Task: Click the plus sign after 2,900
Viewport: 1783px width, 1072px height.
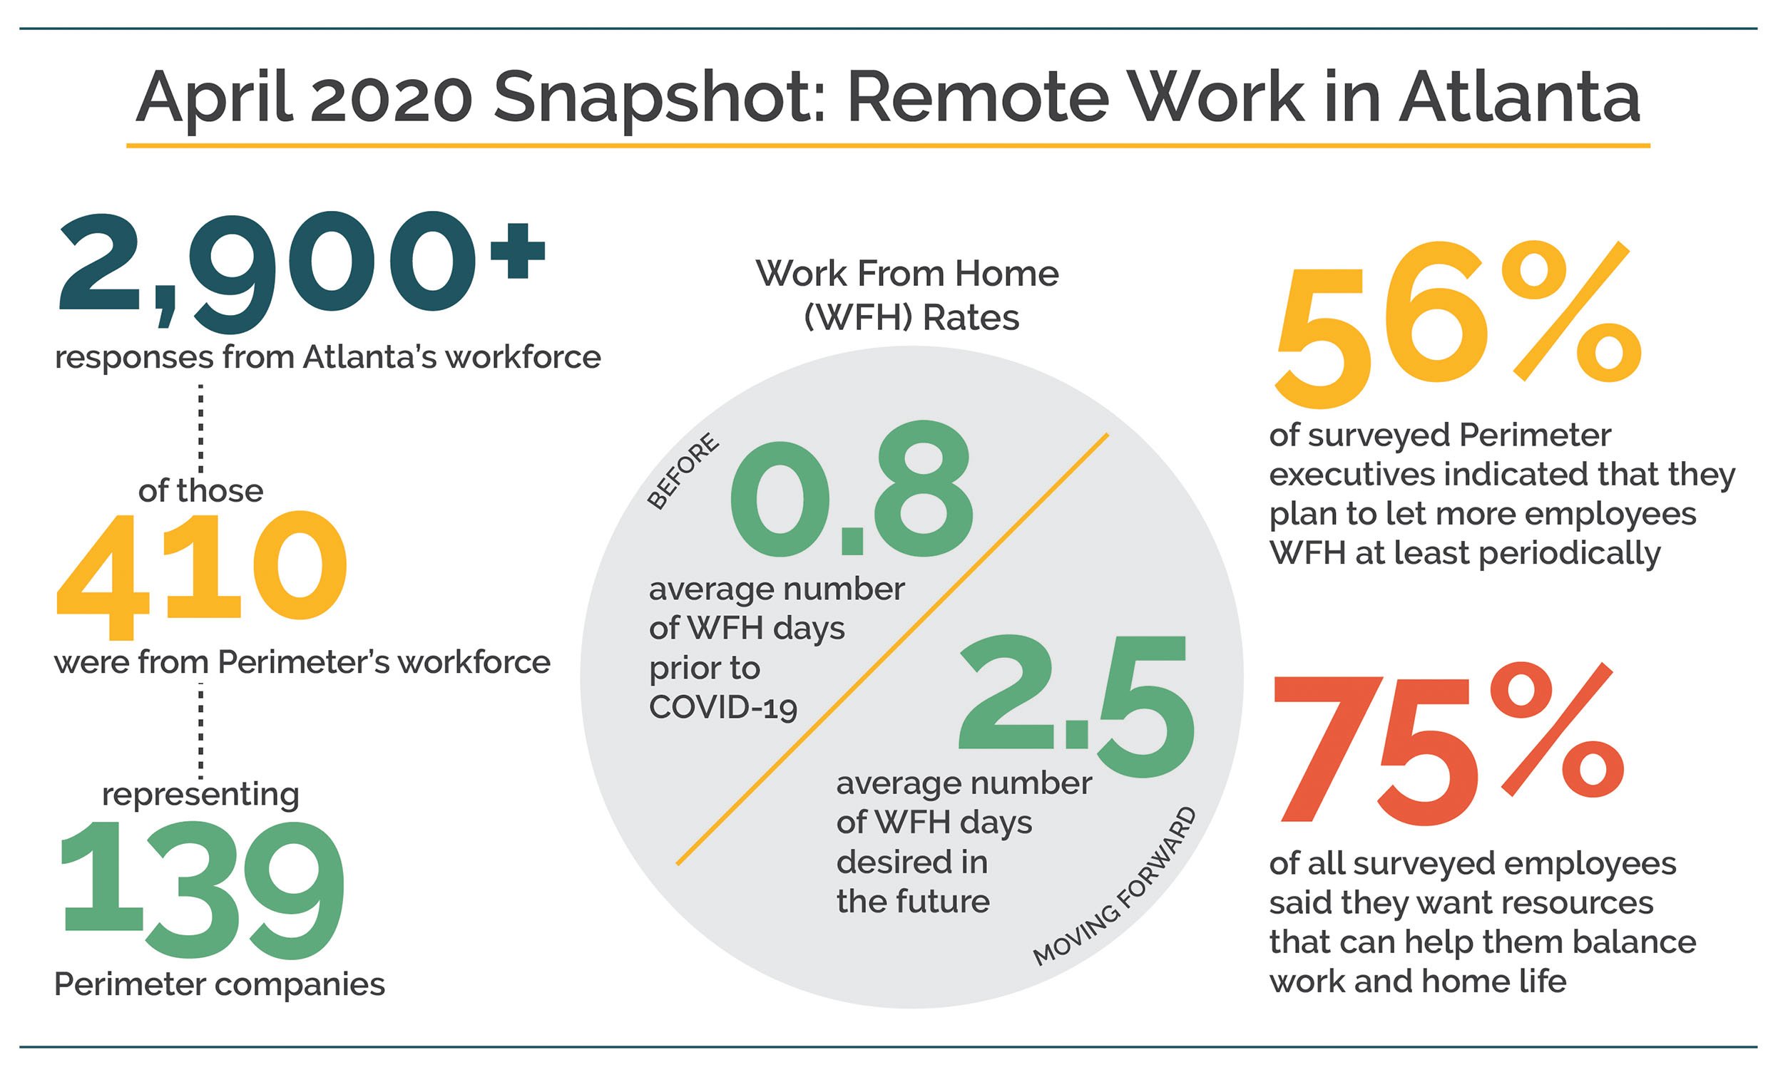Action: (517, 250)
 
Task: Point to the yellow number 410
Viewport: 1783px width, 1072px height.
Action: (202, 574)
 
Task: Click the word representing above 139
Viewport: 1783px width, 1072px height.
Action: (200, 795)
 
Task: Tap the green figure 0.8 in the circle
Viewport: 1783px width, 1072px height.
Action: (852, 489)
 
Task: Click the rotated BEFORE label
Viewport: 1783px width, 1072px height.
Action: (683, 471)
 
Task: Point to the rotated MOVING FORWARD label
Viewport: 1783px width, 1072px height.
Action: (1114, 887)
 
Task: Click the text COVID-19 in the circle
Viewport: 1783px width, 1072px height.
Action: (722, 707)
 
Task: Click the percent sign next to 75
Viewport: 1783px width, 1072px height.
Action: (1558, 731)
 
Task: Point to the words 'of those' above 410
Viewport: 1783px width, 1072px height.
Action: (200, 491)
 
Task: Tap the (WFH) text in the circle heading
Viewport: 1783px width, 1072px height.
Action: (858, 318)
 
